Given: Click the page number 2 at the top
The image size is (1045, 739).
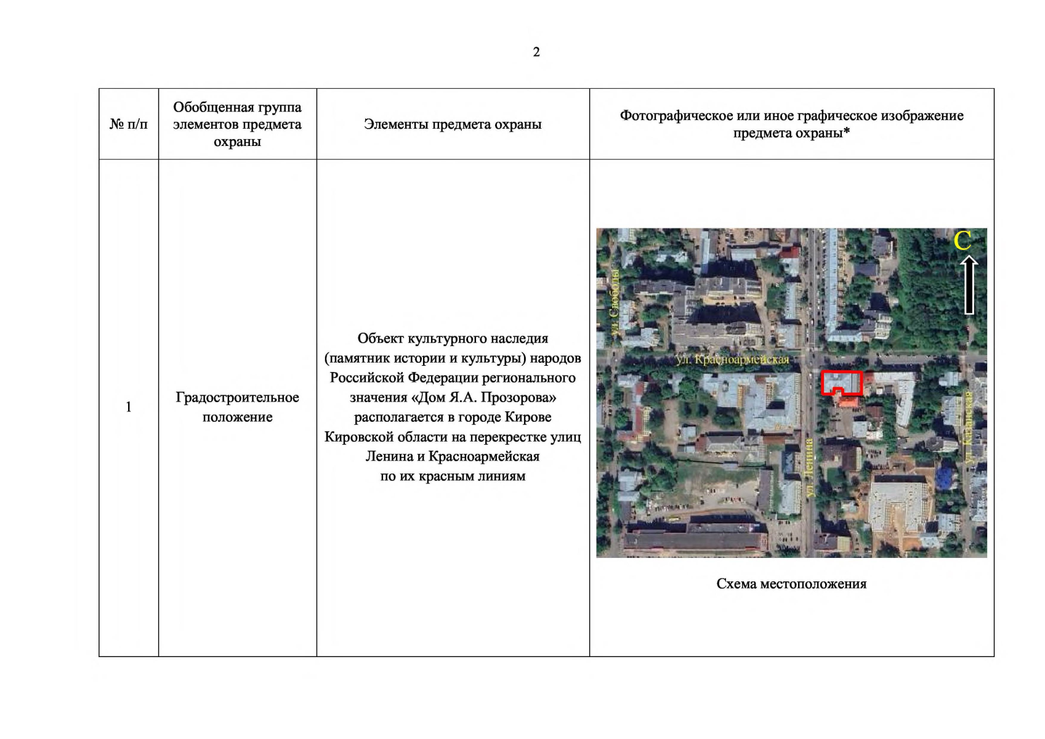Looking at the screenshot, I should [x=536, y=52].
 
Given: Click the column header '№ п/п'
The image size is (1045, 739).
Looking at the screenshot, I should [x=128, y=124].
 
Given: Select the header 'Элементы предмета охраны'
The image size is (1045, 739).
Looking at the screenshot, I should [x=453, y=124].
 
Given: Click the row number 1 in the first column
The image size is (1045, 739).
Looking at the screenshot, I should [x=128, y=407].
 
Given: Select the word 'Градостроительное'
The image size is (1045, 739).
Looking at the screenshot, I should [x=237, y=397].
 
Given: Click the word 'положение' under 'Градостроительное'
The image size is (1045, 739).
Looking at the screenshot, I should [x=237, y=417].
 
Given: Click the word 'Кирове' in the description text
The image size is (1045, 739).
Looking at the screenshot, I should [x=528, y=417].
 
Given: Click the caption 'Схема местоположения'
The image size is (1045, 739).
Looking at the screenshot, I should [x=791, y=584].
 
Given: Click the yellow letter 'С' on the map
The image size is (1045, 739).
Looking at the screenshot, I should [x=962, y=241].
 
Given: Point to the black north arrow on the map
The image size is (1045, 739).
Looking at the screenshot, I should [x=969, y=286].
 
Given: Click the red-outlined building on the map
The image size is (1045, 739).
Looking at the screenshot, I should [x=842, y=382].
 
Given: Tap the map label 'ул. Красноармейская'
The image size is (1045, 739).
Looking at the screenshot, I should [x=733, y=360].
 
